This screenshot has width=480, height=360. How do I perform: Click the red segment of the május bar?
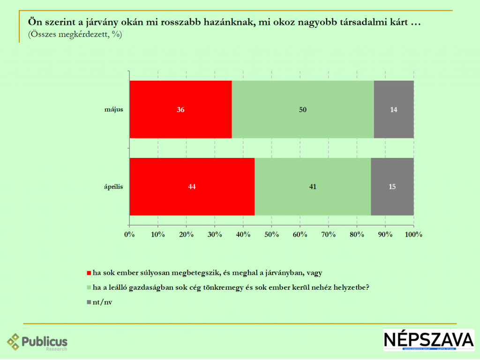(x=180, y=110)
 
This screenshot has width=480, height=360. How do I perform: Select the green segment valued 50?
(x=303, y=110)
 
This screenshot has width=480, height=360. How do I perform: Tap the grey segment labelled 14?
(x=394, y=110)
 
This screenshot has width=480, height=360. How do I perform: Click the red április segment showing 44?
(x=192, y=187)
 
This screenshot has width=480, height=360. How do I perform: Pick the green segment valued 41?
(x=313, y=187)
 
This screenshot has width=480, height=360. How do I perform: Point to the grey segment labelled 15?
(x=392, y=187)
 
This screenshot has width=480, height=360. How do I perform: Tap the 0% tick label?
(x=129, y=234)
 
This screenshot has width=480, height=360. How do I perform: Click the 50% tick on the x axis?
(x=271, y=234)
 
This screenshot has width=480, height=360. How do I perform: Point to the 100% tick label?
(x=413, y=234)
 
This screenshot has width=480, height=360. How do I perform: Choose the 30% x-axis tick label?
(x=215, y=234)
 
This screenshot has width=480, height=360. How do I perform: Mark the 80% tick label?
(x=357, y=234)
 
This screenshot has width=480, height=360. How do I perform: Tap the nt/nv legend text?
(x=103, y=302)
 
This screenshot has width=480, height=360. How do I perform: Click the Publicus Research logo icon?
(x=14, y=341)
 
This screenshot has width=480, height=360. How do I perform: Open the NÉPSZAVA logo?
(x=428, y=340)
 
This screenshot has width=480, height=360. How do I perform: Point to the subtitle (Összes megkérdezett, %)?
(x=75, y=34)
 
